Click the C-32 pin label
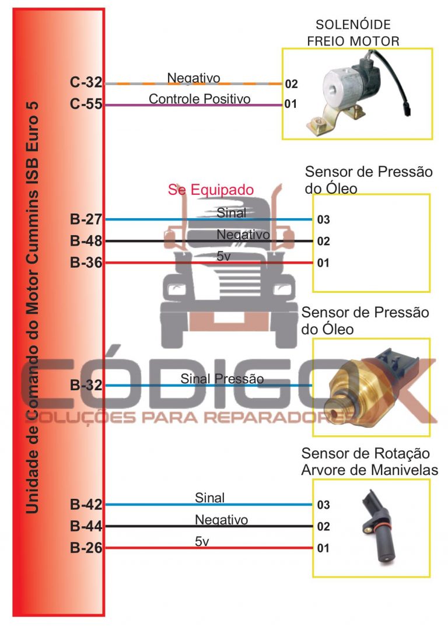tap(86, 82)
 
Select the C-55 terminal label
tap(86, 104)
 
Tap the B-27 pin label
tap(86, 219)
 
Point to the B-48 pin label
tap(86, 240)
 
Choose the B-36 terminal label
tap(86, 263)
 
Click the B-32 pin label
tap(86, 384)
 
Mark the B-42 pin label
tap(86, 504)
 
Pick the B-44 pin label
tap(86, 526)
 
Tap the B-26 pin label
tap(86, 548)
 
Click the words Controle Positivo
tap(199, 99)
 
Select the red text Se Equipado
tap(211, 190)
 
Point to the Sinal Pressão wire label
tap(222, 379)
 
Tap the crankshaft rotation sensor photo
tap(377, 526)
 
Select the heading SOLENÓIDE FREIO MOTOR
tap(353, 33)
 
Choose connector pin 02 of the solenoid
tap(292, 84)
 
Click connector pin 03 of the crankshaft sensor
tap(323, 505)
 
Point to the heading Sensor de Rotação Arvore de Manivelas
tap(369, 461)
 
